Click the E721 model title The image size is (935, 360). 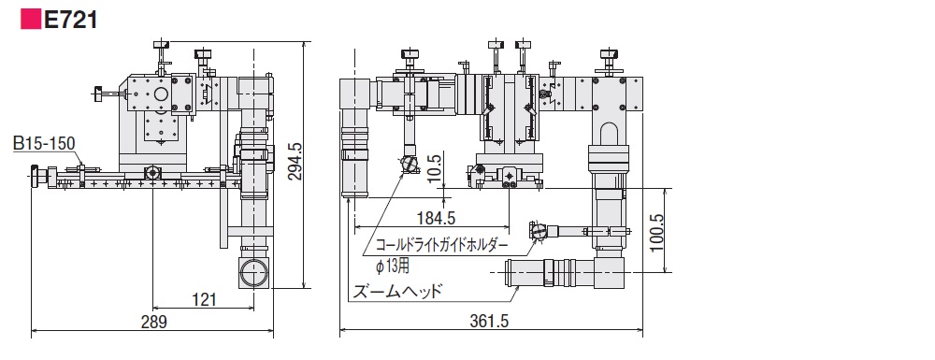pyautogui.click(x=71, y=20)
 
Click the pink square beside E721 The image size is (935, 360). pyautogui.click(x=31, y=20)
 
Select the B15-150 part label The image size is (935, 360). pyautogui.click(x=45, y=144)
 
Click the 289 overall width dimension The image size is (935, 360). pyautogui.click(x=154, y=322)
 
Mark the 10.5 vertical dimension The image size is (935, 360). pyautogui.click(x=435, y=169)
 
